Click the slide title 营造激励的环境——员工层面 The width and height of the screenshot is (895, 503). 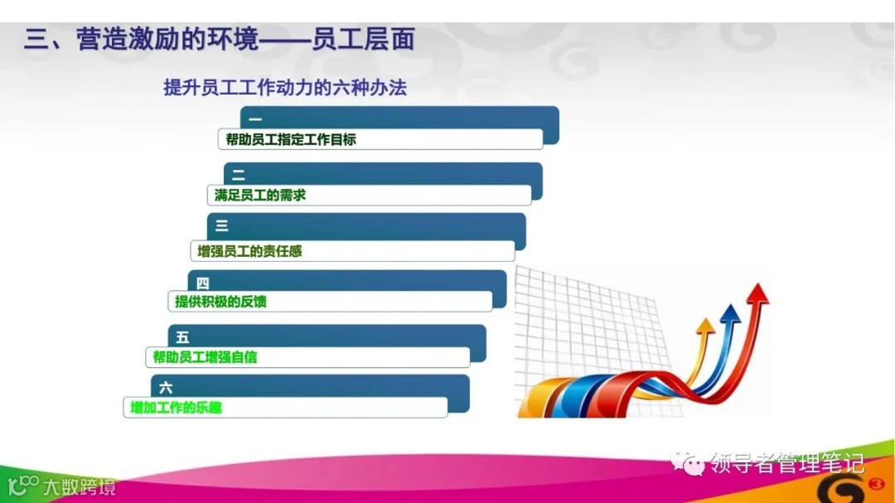tap(219, 39)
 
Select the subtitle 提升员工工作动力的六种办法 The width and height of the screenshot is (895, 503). tap(285, 87)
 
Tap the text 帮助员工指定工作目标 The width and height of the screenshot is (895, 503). tap(291, 139)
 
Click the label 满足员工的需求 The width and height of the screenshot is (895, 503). tap(260, 195)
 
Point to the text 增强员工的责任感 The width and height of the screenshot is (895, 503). tap(249, 250)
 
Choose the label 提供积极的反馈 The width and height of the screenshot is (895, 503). tap(220, 302)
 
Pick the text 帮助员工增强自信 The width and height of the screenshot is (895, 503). tap(205, 357)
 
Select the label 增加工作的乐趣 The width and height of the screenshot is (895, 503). tap(177, 407)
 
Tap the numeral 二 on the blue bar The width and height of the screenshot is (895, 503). tap(239, 176)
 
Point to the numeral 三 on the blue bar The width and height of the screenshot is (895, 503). tap(222, 225)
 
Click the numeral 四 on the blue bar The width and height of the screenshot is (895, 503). tap(203, 283)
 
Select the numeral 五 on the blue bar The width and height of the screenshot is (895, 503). tap(183, 337)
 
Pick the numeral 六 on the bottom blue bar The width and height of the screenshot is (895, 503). tap(166, 387)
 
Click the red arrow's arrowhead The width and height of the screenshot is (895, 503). tap(757, 293)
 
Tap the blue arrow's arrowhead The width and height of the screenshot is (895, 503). tap(729, 314)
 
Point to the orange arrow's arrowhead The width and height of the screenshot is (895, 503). tap(705, 326)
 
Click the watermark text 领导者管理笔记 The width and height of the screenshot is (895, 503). tap(788, 462)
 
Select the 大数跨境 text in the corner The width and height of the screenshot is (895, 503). tap(80, 486)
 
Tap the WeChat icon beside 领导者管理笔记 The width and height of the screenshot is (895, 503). tap(690, 462)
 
